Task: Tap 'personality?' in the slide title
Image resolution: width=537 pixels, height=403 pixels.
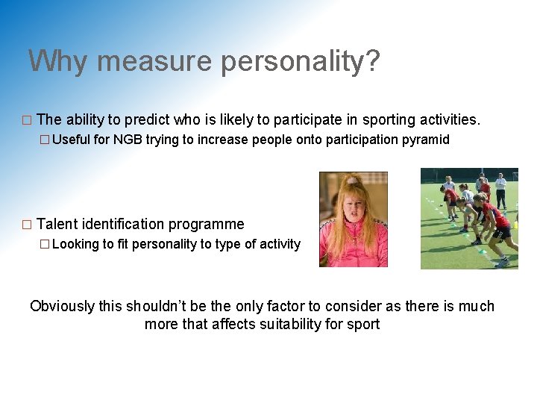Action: [x=300, y=60]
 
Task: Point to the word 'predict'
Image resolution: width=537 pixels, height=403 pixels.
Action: [x=147, y=119]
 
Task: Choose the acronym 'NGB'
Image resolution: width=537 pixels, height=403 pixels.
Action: [x=128, y=140]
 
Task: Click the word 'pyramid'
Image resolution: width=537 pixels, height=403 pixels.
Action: [x=425, y=140]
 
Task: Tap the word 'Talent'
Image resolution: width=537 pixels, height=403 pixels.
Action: [x=57, y=224]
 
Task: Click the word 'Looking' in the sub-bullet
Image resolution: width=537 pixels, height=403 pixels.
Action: [x=75, y=244]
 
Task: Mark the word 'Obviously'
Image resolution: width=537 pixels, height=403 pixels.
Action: [x=63, y=306]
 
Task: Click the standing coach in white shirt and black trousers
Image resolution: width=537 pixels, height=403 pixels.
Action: [x=500, y=190]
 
